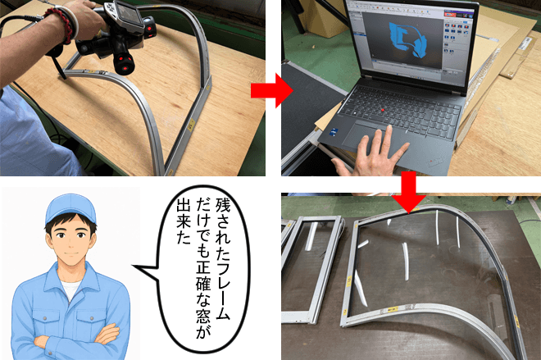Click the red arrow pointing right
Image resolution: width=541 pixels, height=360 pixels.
[x=271, y=90]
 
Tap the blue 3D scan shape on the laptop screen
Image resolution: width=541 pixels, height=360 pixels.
[x=407, y=39]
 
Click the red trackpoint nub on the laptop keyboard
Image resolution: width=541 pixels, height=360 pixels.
[x=382, y=110]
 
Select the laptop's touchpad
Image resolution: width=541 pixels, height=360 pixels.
[x=367, y=138]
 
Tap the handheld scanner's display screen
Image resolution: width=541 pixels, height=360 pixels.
[x=128, y=15]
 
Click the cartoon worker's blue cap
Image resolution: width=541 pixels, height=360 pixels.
[x=70, y=207]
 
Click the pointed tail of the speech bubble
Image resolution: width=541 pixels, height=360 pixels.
[x=134, y=267]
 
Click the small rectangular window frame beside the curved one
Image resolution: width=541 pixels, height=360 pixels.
[x=311, y=269]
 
